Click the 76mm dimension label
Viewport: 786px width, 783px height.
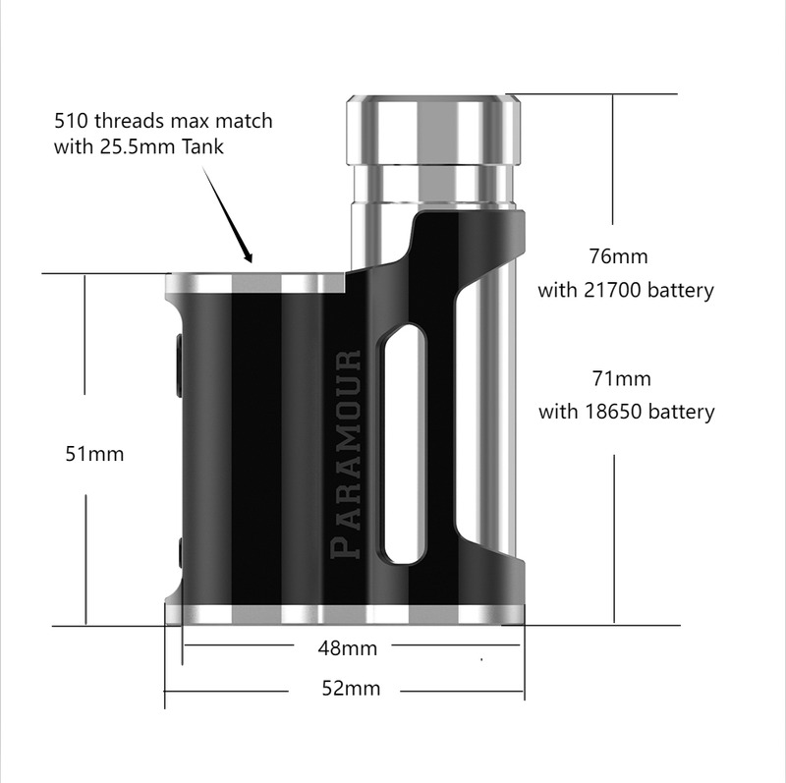pos(618,256)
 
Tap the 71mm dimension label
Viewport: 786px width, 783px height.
pos(621,378)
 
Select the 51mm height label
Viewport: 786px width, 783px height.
pos(94,454)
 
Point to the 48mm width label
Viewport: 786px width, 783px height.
pos(348,648)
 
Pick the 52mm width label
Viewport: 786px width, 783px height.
pos(351,688)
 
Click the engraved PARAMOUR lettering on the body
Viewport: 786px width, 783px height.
pos(347,454)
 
